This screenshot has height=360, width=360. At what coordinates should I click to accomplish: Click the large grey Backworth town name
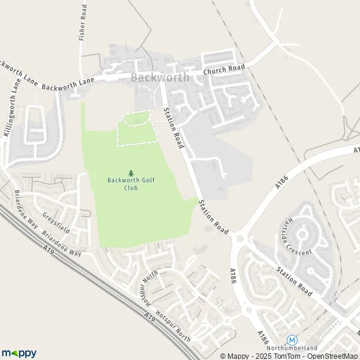pyautogui.click(x=160, y=77)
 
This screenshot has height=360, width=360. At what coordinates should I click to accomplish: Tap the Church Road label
pyautogui.click(x=225, y=71)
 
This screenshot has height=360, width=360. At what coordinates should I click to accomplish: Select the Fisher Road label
pyautogui.click(x=83, y=25)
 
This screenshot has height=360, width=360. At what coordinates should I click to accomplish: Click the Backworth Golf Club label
pyautogui.click(x=131, y=184)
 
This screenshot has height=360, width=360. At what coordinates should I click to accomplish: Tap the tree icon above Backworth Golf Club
pyautogui.click(x=131, y=173)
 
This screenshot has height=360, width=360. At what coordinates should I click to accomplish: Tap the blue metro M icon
pyautogui.click(x=292, y=339)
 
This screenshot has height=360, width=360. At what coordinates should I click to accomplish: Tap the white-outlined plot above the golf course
pyautogui.click(x=137, y=128)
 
